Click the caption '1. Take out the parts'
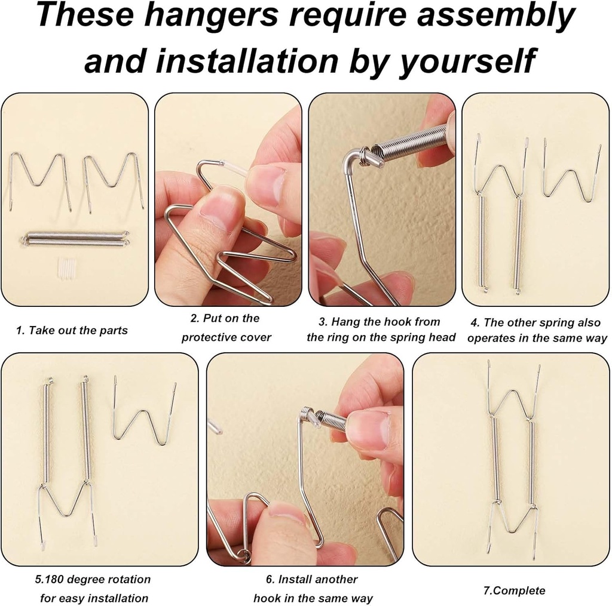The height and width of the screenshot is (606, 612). click(72, 330)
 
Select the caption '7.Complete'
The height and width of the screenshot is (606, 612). click(514, 590)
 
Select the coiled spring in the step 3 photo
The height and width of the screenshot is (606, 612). click(412, 144)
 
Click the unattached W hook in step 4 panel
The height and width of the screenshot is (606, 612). click(572, 173)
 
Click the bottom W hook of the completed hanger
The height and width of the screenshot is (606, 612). click(512, 522)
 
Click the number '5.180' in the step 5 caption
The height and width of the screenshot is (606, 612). click(51, 580)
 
